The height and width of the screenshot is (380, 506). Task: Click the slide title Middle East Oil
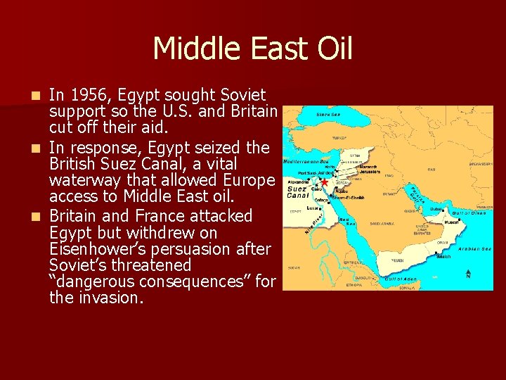click(x=252, y=49)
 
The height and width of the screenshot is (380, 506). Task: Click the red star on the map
click(x=325, y=182)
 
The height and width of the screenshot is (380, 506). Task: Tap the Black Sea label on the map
click(x=329, y=115)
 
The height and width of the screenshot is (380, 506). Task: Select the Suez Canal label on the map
click(x=297, y=192)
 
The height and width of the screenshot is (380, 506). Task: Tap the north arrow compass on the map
click(x=469, y=273)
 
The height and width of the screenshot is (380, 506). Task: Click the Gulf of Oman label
click(x=468, y=213)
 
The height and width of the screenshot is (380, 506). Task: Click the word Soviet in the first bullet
click(x=243, y=95)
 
